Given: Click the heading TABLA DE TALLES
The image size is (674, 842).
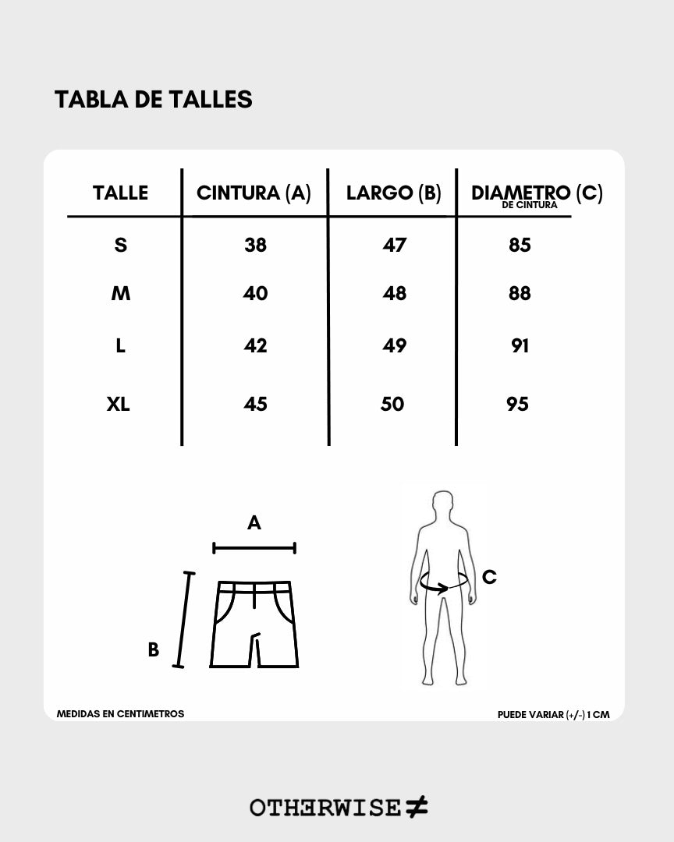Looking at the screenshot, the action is pyautogui.click(x=153, y=99).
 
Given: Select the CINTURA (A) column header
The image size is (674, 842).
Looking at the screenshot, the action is pyautogui.click(x=254, y=193).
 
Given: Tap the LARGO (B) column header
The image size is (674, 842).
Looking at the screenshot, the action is pyautogui.click(x=393, y=193).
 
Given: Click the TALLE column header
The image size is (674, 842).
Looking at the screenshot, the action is pyautogui.click(x=120, y=193).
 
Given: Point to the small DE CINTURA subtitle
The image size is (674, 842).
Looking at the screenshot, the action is pyautogui.click(x=530, y=205).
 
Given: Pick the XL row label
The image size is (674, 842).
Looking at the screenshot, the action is pyautogui.click(x=119, y=404).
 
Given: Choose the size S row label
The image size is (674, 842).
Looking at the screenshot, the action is pyautogui.click(x=120, y=245).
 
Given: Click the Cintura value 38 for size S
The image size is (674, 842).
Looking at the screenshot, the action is pyautogui.click(x=255, y=245).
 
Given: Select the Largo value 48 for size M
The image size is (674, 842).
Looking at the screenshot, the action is pyautogui.click(x=395, y=293).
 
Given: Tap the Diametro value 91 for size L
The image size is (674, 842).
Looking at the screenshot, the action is pyautogui.click(x=520, y=345).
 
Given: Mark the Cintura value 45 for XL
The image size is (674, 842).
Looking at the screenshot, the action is pyautogui.click(x=255, y=404).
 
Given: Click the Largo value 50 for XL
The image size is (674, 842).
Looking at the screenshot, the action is pyautogui.click(x=392, y=404).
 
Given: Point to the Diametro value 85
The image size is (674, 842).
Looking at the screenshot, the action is pyautogui.click(x=520, y=245).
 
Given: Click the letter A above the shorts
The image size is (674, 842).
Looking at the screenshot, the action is pyautogui.click(x=254, y=522).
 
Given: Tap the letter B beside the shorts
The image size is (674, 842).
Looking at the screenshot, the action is pyautogui.click(x=154, y=649).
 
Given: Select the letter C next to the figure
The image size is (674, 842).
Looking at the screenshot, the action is pyautogui.click(x=489, y=577).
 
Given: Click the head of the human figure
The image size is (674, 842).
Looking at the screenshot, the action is pyautogui.click(x=443, y=504).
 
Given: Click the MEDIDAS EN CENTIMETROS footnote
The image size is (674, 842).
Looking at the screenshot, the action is pyautogui.click(x=120, y=713).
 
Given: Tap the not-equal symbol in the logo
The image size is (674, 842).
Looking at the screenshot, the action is pyautogui.click(x=417, y=807).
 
